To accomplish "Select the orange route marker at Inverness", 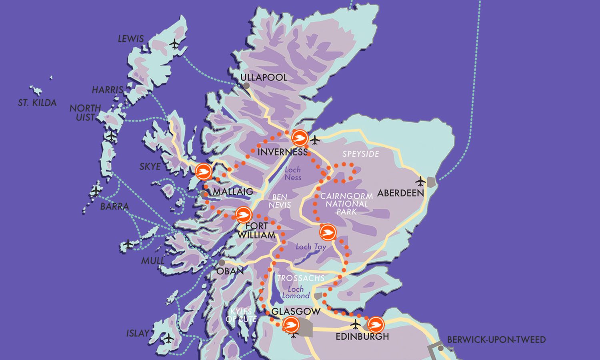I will pos(300,138).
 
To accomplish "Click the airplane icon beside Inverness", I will pos(316,140).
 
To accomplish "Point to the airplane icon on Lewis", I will pos(174,44).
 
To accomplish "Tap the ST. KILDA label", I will pos(37,103).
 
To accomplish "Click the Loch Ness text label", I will pos(293,174).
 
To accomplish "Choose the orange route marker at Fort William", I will pos(242,215).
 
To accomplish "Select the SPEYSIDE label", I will pos(360,154).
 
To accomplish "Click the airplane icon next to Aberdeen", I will pos(420,181).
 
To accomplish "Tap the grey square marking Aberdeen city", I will pos(431,182).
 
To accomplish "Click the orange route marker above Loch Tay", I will pos(328,232).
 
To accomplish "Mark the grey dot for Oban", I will pos(222,263).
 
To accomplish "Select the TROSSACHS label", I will pos(301,278).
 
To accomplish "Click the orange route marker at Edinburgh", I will pos(376,325).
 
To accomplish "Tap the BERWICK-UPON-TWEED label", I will pos(496,340).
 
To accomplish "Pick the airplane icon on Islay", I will pos(169,338).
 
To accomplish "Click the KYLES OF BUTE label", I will pos(239,315).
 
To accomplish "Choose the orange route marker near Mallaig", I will pos(204,172).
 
